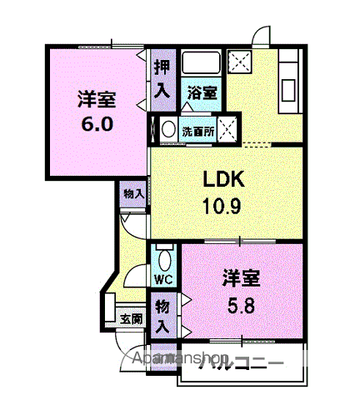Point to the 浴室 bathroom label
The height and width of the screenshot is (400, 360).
click(x=201, y=93)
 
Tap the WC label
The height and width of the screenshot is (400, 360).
click(x=163, y=278)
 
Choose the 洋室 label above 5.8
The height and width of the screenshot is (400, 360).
click(x=240, y=278)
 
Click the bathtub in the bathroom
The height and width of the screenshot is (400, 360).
click(x=200, y=65)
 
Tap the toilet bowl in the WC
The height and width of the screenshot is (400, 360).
click(x=163, y=255)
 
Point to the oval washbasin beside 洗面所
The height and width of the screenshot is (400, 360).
click(x=167, y=130)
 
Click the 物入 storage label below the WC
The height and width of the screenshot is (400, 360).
click(x=162, y=317)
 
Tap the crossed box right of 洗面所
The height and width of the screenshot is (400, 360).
click(x=229, y=130)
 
